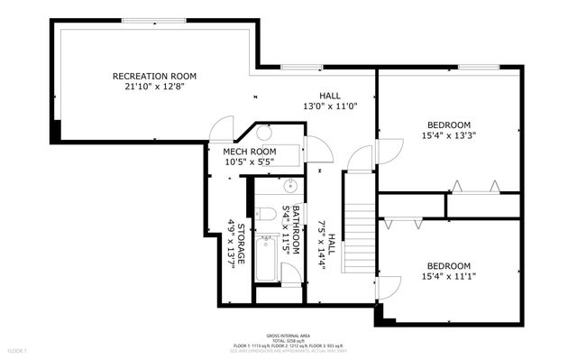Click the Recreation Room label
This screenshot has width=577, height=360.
pyautogui.click(x=153, y=77)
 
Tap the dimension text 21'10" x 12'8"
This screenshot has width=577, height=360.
pyautogui.click(x=153, y=88)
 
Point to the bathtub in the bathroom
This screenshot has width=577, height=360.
pyautogui.click(x=266, y=260)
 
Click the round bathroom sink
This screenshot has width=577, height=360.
pyautogui.click(x=290, y=188)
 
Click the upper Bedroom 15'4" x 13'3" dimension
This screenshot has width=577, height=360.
pyautogui.click(x=448, y=136)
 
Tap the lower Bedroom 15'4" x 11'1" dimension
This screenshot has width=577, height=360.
pyautogui.click(x=448, y=277)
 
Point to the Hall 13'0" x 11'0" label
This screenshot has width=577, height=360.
pyautogui.click(x=330, y=100)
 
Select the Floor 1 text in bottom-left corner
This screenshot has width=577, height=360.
pyautogui.click(x=17, y=349)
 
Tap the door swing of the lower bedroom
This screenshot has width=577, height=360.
pyautogui.click(x=389, y=289)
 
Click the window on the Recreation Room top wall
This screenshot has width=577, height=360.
pyautogui.click(x=154, y=21)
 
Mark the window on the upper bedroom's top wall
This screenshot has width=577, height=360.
pyautogui.click(x=474, y=67)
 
